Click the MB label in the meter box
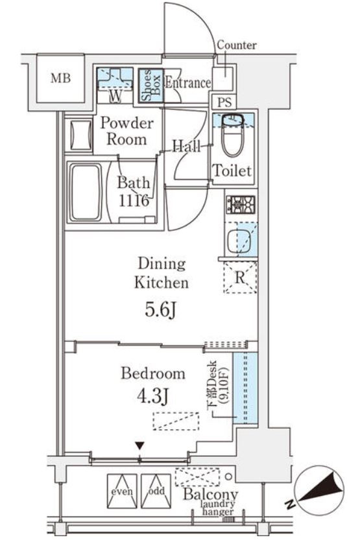60,78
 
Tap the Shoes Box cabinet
150,86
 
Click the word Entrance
187,83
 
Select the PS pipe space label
224,102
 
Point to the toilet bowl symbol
233,135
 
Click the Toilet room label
232,171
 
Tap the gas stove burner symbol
241,204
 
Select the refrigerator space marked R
241,277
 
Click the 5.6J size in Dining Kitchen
161,311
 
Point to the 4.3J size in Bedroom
152,397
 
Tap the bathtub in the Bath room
86,193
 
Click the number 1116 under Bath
134,200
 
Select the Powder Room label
126,132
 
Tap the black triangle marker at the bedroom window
139,445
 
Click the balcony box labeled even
122,491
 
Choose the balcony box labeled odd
156,491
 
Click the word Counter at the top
237,45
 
